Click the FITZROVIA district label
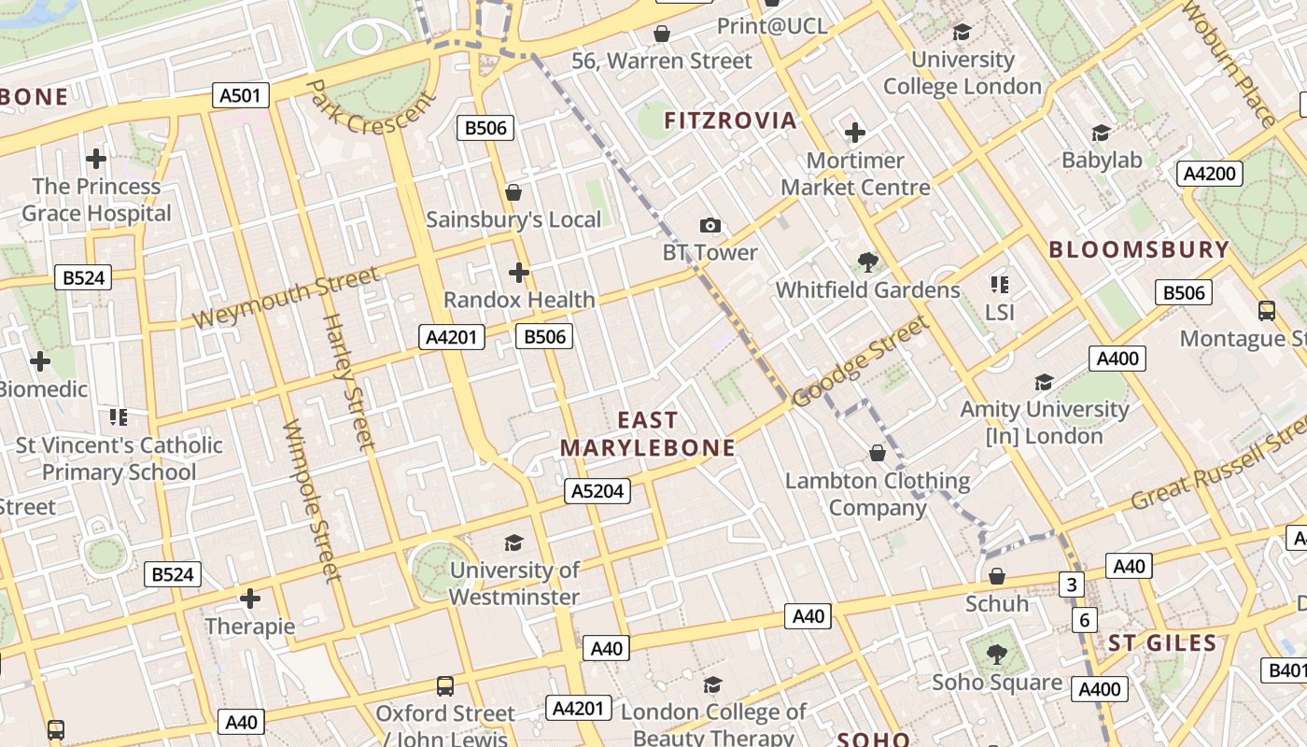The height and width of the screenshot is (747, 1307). point(730,120)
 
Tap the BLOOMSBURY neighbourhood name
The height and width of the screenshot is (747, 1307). point(1139,249)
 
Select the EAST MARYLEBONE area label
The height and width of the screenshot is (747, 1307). point(647,434)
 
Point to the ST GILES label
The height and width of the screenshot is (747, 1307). point(1162,643)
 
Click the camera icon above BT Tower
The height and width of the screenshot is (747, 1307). point(710,225)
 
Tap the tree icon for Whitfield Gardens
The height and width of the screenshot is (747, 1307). point(867,261)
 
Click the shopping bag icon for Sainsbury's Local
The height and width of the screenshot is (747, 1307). point(513,192)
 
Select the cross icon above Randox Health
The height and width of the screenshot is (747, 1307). point(519,273)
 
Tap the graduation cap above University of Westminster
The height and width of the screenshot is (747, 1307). point(513,543)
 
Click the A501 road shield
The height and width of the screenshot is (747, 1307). point(241,95)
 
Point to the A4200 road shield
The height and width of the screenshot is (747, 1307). point(1209,173)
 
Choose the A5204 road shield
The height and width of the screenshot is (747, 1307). point(597,491)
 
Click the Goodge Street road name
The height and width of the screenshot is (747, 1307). point(860,361)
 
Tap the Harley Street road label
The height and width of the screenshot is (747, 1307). point(347,383)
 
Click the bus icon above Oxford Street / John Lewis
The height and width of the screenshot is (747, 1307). point(445,686)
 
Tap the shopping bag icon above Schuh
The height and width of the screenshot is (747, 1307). point(997,576)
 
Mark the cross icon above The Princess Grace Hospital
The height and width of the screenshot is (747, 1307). point(96,159)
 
